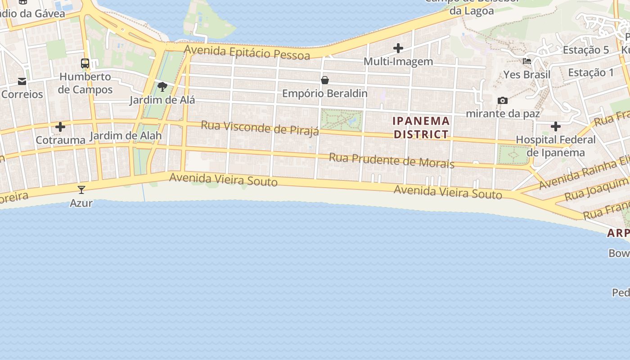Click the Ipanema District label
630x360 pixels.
(x=421, y=127)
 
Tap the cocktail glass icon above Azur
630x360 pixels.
(x=81, y=190)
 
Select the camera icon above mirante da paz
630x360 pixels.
(x=502, y=100)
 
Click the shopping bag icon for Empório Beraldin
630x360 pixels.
(x=325, y=81)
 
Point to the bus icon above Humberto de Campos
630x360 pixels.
(x=85, y=63)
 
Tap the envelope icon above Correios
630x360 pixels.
(x=22, y=81)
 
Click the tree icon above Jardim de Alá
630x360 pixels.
(x=162, y=86)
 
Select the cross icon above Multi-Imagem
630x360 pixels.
(x=398, y=48)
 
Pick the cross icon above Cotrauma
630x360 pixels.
(x=60, y=127)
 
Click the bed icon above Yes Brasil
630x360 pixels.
(x=527, y=61)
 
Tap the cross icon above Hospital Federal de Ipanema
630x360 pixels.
(x=556, y=126)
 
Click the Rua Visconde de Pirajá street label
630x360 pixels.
(x=260, y=128)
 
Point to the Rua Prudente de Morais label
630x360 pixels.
(x=391, y=160)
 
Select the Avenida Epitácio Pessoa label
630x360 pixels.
(x=247, y=52)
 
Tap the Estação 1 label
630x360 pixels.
(x=590, y=72)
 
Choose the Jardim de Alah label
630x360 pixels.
(x=126, y=136)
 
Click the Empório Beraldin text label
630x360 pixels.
(x=325, y=94)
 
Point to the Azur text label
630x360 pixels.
(x=81, y=203)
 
